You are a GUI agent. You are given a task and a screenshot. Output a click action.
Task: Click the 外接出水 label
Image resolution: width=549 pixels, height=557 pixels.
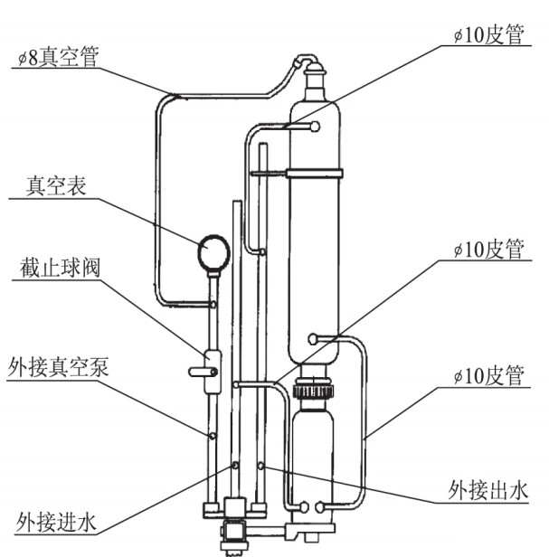tap(487, 490)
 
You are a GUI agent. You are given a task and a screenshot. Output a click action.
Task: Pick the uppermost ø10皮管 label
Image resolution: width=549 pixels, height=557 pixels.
tap(489, 33)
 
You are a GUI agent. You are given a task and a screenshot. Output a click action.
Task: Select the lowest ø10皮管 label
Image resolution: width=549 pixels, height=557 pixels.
tap(489, 374)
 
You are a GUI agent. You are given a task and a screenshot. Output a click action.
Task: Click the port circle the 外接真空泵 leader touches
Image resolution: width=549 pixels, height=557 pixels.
tap(212, 436)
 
